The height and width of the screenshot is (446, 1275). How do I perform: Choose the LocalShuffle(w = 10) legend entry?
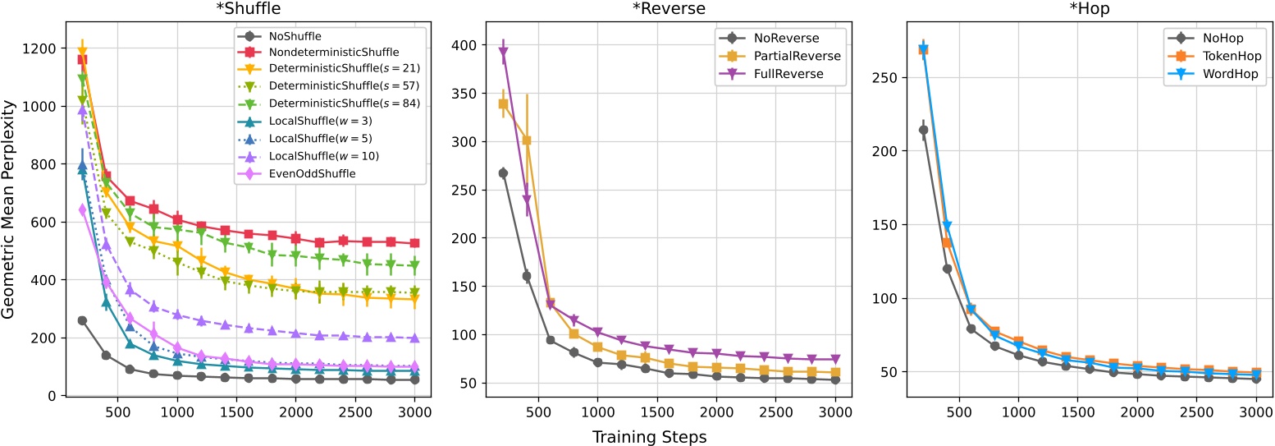click(323, 155)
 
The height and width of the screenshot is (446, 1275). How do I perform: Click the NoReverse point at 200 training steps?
click(503, 173)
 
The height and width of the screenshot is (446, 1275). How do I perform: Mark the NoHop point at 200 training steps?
click(923, 130)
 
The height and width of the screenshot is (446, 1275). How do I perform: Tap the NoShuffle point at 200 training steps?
click(82, 320)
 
